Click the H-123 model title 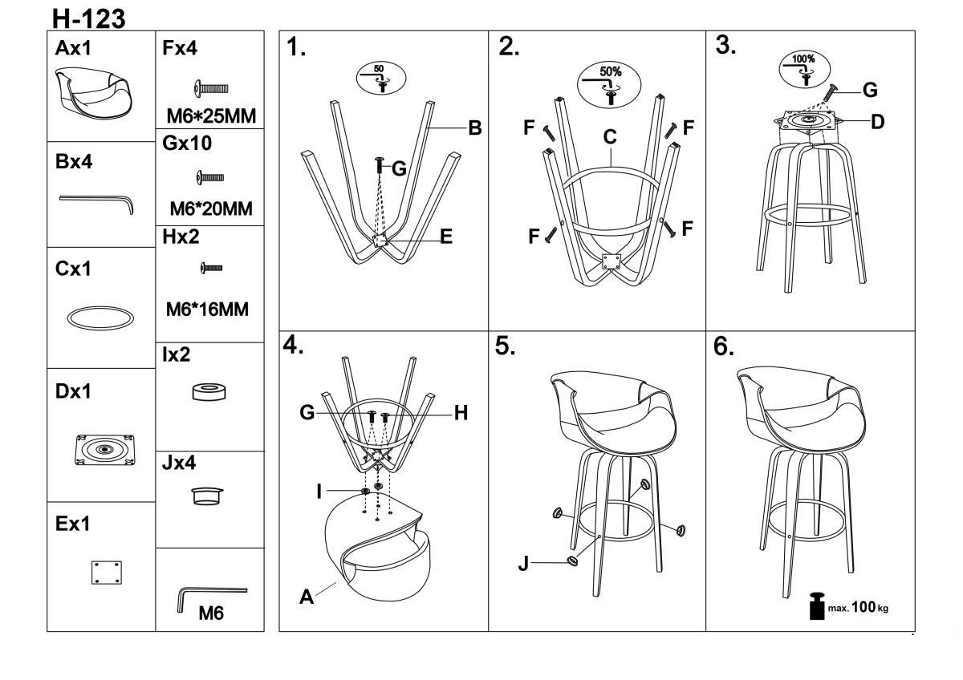point(88,19)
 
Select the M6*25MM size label point(211,116)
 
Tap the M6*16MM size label point(207,310)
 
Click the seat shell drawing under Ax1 point(94,94)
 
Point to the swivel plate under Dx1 point(105,450)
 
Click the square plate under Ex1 point(107,573)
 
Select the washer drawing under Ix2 point(209,392)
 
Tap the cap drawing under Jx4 point(207,496)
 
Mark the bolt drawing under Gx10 point(210,177)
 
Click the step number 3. point(725,45)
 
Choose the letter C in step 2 point(610,137)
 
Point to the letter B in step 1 point(474,127)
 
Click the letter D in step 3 point(877,122)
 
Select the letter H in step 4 point(461,413)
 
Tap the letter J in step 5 point(523,564)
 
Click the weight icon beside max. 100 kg point(817,606)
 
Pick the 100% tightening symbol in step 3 point(804,70)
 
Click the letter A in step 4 point(306,597)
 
